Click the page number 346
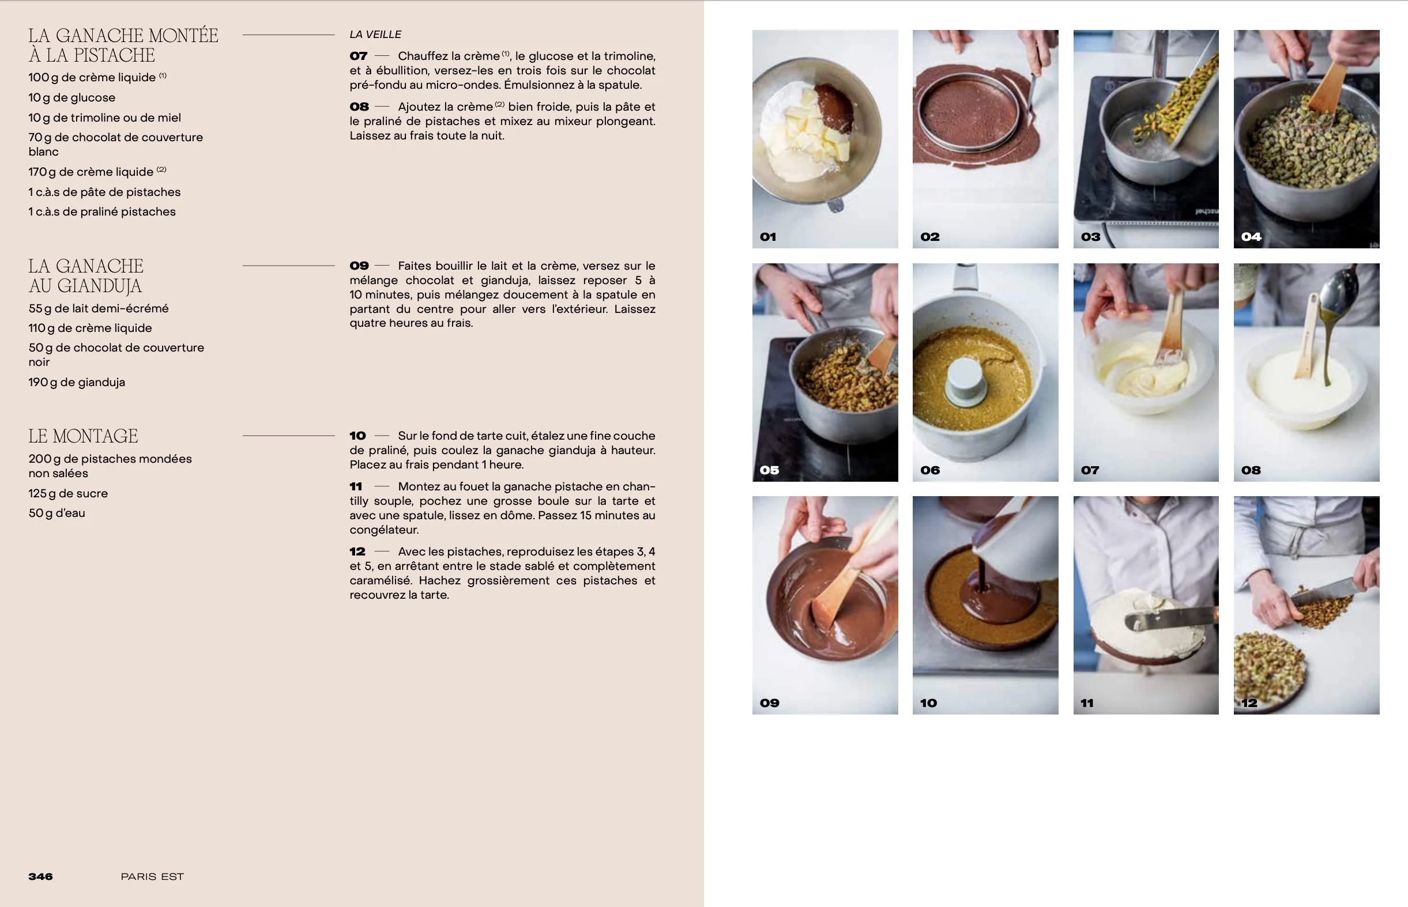pos(41,876)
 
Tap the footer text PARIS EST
pos(152,876)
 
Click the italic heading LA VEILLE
pos(375,35)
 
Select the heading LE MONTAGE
pos(83,436)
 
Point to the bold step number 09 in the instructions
pos(359,266)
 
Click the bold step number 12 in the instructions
pos(357,551)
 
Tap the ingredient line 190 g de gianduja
pos(77,382)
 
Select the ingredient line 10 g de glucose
pos(72,98)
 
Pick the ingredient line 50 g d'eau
pos(57,513)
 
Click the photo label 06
pos(929,470)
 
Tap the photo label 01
pos(767,237)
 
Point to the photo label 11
pos(1087,702)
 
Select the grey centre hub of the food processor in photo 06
pos(965,381)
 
